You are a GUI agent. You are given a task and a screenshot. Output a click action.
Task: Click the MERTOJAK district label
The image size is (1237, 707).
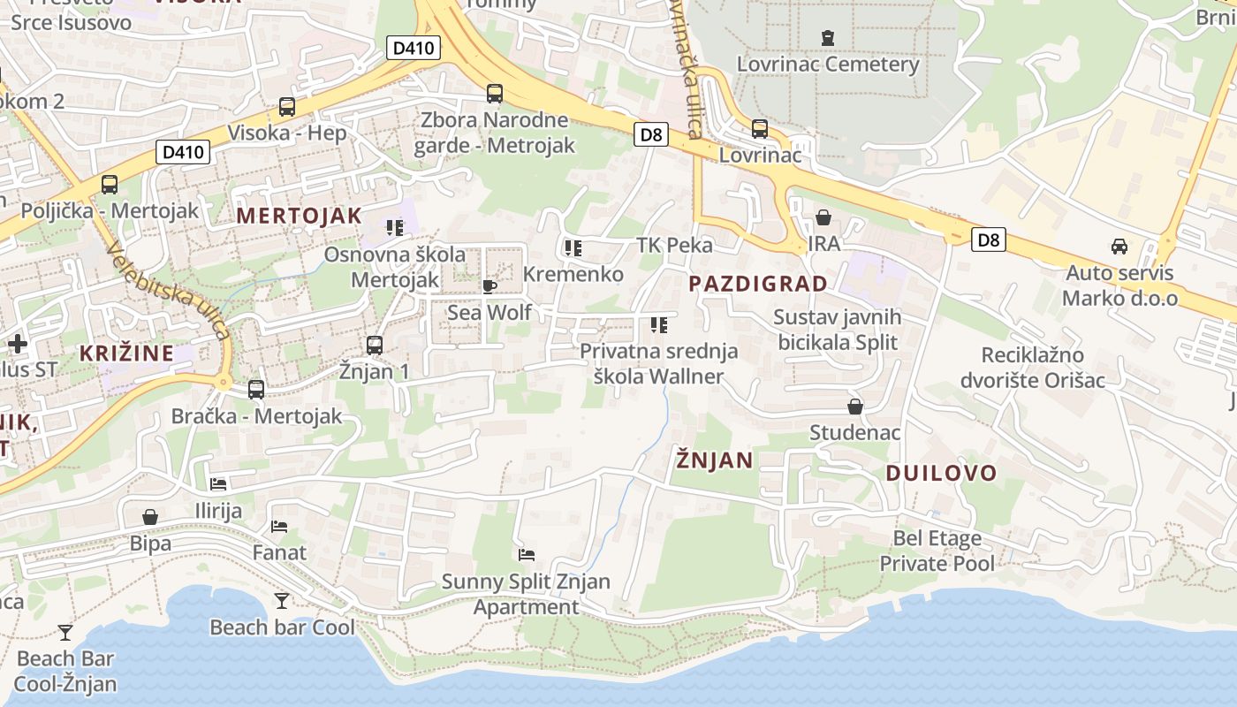click(299, 216)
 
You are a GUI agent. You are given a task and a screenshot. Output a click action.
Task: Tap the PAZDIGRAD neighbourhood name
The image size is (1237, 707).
click(758, 284)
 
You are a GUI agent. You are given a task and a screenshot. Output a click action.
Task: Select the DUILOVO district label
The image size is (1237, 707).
click(941, 473)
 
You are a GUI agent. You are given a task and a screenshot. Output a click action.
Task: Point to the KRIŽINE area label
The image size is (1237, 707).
click(126, 353)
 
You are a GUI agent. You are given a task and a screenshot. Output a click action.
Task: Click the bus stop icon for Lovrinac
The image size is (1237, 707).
click(760, 129)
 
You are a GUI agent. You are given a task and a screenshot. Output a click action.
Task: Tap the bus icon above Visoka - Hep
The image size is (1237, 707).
click(287, 107)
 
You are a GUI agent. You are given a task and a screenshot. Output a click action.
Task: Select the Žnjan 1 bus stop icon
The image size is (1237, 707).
click(375, 346)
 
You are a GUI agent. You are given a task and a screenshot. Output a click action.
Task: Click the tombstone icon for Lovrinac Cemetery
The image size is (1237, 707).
click(828, 38)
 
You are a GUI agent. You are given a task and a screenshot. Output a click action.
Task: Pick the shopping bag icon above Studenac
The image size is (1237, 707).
click(855, 407)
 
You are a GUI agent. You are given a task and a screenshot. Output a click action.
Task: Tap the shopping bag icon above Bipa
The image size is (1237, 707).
click(150, 516)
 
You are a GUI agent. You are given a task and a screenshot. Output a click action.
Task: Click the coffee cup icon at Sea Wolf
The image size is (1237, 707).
click(489, 286)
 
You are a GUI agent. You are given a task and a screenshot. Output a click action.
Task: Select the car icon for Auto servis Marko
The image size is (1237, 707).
click(1119, 247)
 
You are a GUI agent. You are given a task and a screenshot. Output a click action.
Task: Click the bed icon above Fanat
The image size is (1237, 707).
click(279, 527)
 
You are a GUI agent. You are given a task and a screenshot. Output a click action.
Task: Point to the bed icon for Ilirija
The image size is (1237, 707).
click(218, 484)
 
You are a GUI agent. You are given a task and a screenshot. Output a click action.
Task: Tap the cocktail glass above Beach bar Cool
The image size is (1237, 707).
click(282, 601)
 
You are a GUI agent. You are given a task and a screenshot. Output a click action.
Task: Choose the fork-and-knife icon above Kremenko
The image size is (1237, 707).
click(573, 248)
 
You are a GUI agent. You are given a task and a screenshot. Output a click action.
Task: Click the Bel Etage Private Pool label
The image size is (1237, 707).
click(937, 551)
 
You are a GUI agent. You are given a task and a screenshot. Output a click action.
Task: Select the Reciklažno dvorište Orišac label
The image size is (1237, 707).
click(1043, 368)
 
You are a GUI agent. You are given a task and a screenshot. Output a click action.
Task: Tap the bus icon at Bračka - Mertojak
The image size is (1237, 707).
click(256, 389)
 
